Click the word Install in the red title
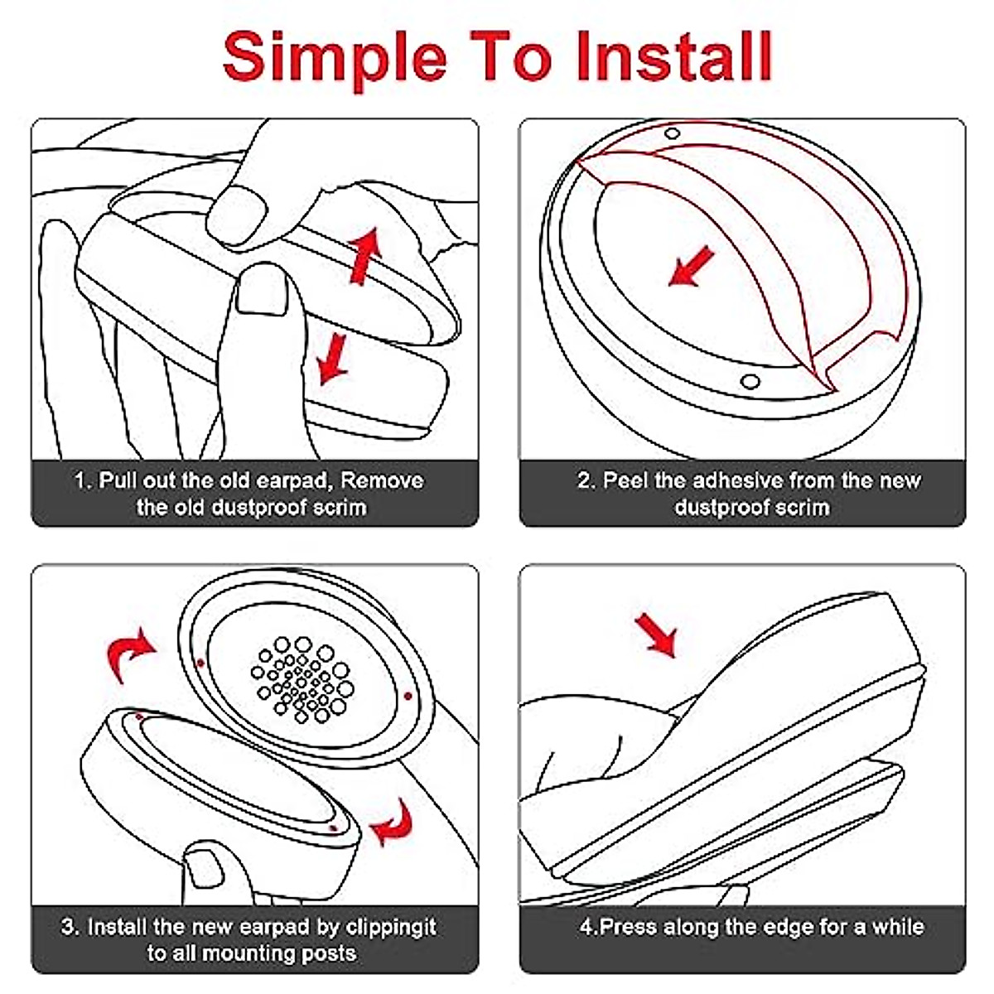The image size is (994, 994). (674, 56)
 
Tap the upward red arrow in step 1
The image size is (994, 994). (364, 256)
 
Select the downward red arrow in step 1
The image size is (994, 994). (333, 359)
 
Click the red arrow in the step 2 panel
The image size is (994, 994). (691, 267)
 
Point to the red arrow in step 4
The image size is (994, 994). (656, 635)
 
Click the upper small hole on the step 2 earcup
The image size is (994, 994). (672, 133)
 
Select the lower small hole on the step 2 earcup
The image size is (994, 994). (750, 382)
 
